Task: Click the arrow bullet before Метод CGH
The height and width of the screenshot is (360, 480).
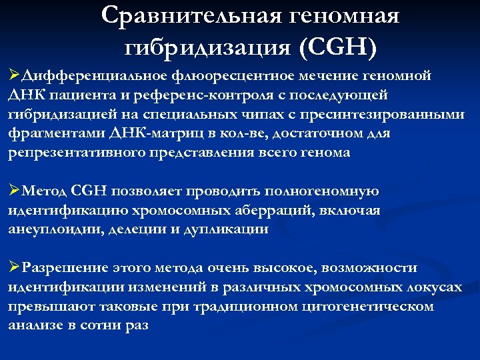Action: point(14,191)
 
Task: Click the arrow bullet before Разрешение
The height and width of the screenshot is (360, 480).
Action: point(14,268)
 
